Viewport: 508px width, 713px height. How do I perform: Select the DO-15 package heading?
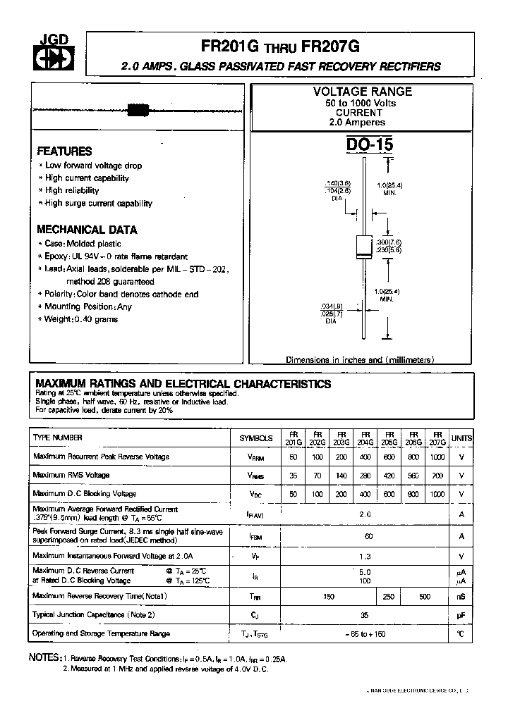(370, 145)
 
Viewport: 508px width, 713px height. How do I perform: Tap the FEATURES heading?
(64, 151)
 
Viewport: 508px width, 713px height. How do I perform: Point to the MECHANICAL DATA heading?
(87, 230)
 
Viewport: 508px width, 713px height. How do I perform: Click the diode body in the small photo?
(137, 109)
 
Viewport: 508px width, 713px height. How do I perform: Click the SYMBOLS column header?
(255, 438)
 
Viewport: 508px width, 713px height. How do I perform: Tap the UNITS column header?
(461, 438)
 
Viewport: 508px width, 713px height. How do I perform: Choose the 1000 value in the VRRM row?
(437, 457)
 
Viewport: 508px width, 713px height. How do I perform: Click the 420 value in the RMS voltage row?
(389, 476)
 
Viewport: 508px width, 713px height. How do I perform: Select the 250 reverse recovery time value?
(389, 596)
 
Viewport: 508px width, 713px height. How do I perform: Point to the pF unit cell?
(461, 615)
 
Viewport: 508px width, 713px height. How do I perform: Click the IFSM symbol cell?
(255, 538)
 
